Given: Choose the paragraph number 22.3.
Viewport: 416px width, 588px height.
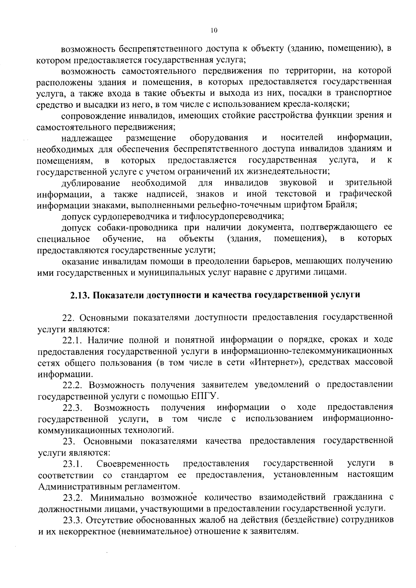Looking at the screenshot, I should tap(72, 407).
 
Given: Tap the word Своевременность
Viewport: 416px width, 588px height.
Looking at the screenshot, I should tap(133, 464).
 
